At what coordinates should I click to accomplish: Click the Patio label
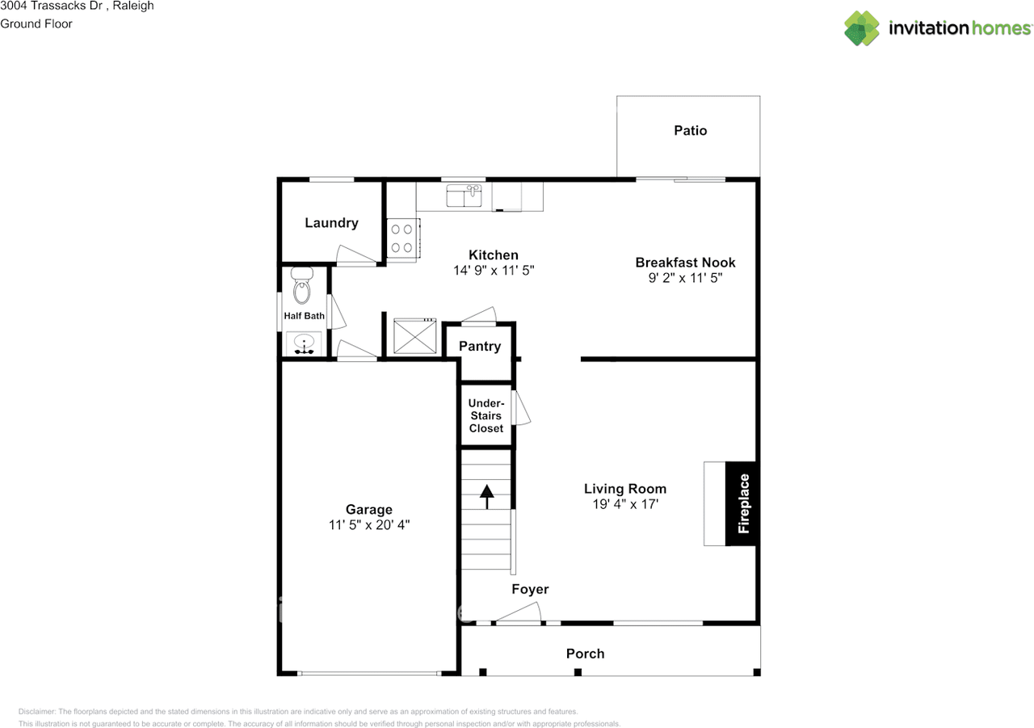click(x=690, y=131)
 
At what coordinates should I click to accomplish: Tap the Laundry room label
click(x=331, y=223)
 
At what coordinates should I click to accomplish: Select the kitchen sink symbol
click(x=464, y=196)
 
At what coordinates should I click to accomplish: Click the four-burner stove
click(x=403, y=240)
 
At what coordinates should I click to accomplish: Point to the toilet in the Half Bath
click(x=302, y=285)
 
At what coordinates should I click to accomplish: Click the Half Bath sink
click(x=304, y=344)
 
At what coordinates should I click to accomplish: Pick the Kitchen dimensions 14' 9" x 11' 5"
click(x=494, y=270)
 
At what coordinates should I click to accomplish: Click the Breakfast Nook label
click(x=685, y=263)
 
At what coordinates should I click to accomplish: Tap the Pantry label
click(x=480, y=347)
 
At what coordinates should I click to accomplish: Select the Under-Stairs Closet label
click(x=486, y=415)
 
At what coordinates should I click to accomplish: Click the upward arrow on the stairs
click(x=486, y=497)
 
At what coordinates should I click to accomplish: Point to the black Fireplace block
click(x=742, y=503)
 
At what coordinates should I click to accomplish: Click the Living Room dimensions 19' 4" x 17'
click(x=625, y=504)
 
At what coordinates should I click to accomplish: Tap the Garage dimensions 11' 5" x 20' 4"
click(x=369, y=525)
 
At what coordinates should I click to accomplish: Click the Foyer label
click(x=530, y=589)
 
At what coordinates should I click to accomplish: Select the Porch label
click(x=586, y=654)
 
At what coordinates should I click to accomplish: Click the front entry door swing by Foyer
click(x=518, y=613)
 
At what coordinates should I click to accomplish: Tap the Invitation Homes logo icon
click(x=861, y=28)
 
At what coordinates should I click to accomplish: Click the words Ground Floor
click(x=36, y=24)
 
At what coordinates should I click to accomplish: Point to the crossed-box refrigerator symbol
click(x=415, y=336)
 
